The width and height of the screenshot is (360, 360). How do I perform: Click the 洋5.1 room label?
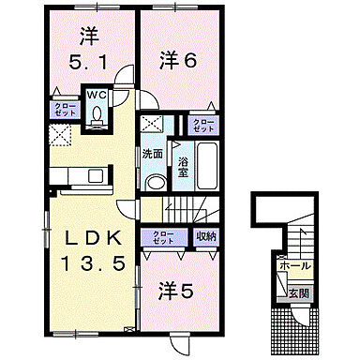click(x=89, y=51)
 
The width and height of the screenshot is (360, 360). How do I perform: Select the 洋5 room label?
click(x=175, y=292)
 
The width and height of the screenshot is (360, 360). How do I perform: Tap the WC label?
click(x=98, y=94)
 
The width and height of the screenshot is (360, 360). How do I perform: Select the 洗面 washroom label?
click(x=154, y=153)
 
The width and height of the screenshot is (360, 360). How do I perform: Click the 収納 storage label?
click(x=204, y=236)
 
